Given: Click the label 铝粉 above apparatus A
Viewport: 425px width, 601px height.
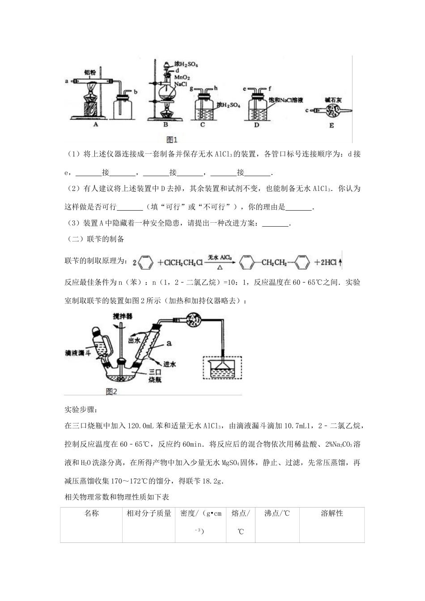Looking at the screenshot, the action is pyautogui.click(x=91, y=72).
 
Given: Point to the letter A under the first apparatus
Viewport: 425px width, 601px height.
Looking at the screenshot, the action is pyautogui.click(x=95, y=126).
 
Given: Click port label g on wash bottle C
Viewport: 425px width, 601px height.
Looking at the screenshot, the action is pyautogui.click(x=191, y=89).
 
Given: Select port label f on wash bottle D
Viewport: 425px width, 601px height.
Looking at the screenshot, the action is pyautogui.click(x=271, y=89).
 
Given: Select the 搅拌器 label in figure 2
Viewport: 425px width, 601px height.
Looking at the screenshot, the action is pyautogui.click(x=123, y=316).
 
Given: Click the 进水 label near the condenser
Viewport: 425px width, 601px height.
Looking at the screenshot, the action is pyautogui.click(x=169, y=364).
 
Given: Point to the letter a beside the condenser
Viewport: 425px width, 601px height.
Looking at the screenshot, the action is pyautogui.click(x=169, y=343).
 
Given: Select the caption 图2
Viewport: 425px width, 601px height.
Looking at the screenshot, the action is pyautogui.click(x=111, y=391).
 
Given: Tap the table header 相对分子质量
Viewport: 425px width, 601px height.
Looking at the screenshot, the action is pyautogui.click(x=149, y=513).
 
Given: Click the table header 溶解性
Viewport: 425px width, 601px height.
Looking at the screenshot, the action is pyautogui.click(x=331, y=513).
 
